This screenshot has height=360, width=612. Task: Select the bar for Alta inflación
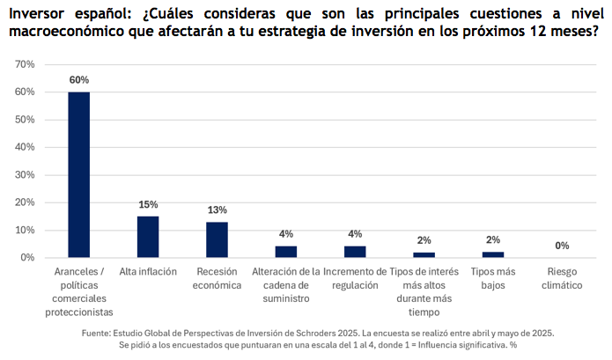pos(148,237)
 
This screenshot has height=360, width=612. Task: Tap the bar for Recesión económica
pos(217,239)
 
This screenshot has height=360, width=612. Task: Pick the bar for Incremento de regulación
pos(355,252)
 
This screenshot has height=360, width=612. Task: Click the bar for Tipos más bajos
pos(493,254)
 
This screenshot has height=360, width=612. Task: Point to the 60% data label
pos(79,80)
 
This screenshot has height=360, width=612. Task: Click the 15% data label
pos(148,204)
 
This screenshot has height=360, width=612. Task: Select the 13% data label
pos(217,209)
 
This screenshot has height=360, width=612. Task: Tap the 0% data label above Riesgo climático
pos(562,246)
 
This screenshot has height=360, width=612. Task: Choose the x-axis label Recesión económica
pos(217,279)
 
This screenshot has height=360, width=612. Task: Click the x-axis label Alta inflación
pos(148,272)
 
